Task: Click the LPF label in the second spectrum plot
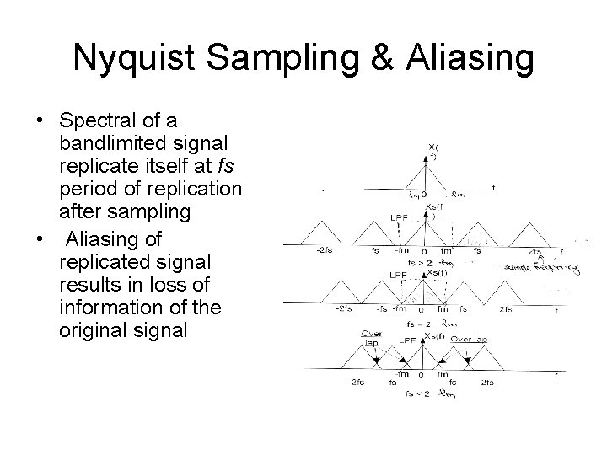pyautogui.click(x=401, y=217)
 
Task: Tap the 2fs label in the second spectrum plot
pyautogui.click(x=534, y=251)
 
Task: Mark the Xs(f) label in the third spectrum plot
pyautogui.click(x=437, y=273)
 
